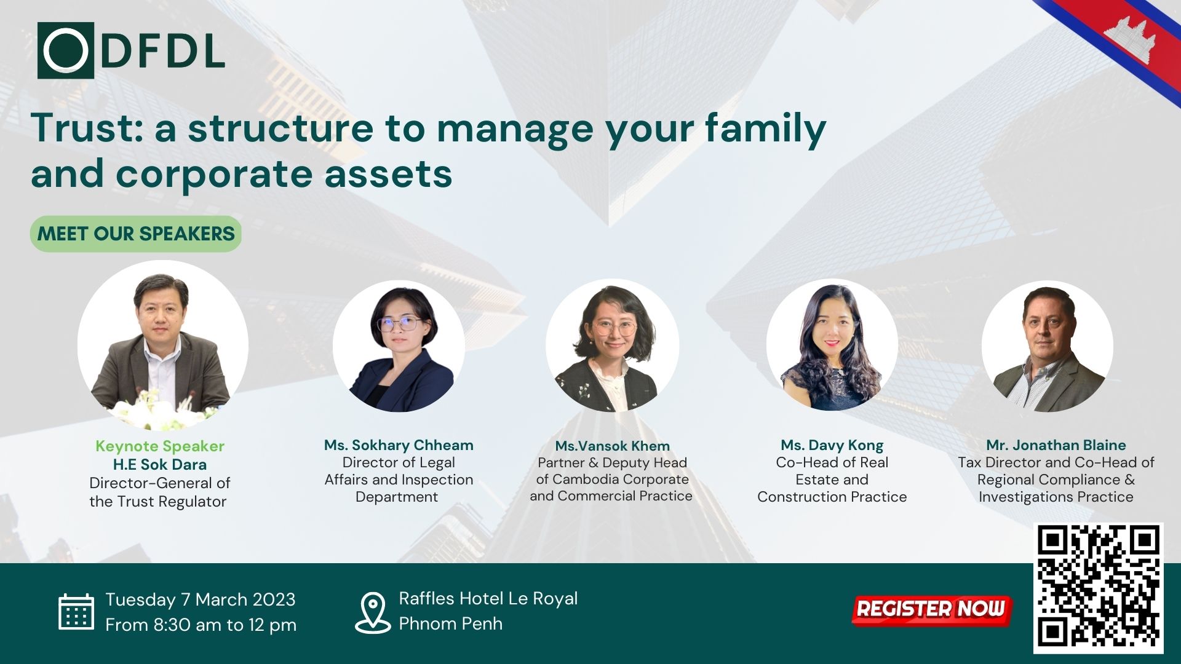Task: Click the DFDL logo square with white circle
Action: (x=66, y=50)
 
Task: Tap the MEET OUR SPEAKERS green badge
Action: (x=136, y=234)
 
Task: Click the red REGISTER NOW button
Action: (x=931, y=609)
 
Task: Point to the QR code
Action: (x=1099, y=587)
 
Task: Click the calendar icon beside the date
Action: (x=76, y=612)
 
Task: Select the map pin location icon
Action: (x=373, y=612)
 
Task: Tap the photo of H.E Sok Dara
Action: (x=163, y=345)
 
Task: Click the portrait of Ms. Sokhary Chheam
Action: (x=399, y=346)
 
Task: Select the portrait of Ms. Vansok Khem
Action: (x=612, y=346)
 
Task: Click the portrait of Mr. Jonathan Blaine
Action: (x=1047, y=346)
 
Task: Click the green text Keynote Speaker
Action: (x=160, y=446)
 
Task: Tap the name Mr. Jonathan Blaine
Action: (x=1056, y=445)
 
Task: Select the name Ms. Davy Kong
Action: (x=832, y=445)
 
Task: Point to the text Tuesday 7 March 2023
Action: (x=200, y=599)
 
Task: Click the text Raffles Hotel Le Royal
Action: (x=488, y=598)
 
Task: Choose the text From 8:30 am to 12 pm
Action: (x=201, y=625)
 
